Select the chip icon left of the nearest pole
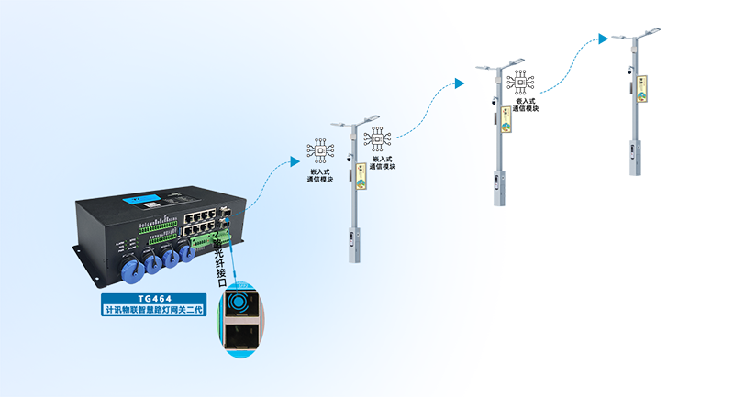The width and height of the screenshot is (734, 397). click(321, 149)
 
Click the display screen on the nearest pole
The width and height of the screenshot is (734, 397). click(361, 176)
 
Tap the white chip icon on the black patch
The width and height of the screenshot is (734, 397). click(520, 82)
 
